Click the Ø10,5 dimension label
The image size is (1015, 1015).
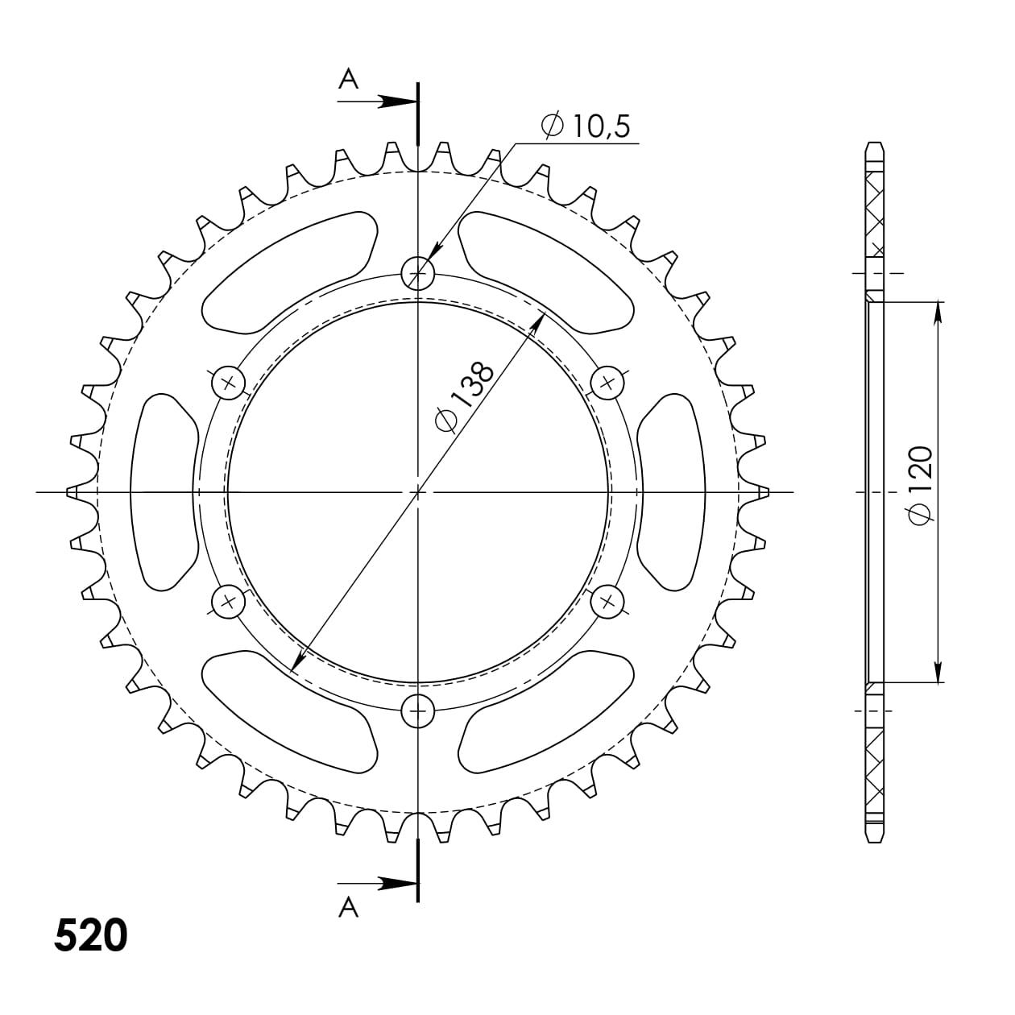[586, 126]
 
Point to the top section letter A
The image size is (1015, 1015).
[348, 78]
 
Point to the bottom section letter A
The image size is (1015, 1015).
[348, 908]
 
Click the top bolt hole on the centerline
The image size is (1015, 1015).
[417, 274]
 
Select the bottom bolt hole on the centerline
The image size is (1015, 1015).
[417, 710]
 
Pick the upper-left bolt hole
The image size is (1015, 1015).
[228, 382]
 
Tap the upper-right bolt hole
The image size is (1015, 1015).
[607, 382]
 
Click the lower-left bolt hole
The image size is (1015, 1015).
[228, 600]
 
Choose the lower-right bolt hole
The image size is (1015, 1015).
[607, 600]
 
